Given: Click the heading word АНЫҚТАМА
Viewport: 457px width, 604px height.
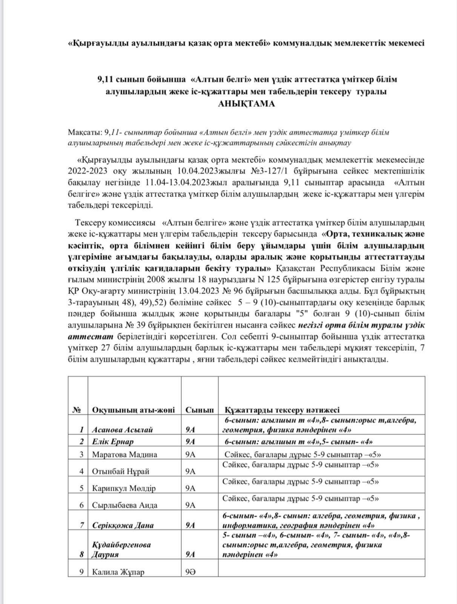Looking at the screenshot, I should [x=246, y=104].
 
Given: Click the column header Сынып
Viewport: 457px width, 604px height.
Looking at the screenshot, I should [x=199, y=410].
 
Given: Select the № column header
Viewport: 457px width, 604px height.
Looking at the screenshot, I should [x=77, y=410].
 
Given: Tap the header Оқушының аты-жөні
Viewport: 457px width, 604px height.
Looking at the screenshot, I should [x=133, y=410].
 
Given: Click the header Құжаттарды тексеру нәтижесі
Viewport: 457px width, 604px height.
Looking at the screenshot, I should [x=282, y=410].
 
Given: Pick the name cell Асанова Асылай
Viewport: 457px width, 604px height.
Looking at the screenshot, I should [x=122, y=430].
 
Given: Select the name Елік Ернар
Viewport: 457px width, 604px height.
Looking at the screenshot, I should [x=113, y=442].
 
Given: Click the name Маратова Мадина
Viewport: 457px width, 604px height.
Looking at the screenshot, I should [x=124, y=455].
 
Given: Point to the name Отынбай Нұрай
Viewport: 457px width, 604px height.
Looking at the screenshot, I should [x=121, y=471].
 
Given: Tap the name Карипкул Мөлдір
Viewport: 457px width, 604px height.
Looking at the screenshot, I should [x=124, y=488].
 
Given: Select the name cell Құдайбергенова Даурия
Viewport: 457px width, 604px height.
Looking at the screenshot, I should [x=121, y=550].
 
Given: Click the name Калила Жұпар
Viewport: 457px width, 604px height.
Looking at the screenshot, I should [x=118, y=572].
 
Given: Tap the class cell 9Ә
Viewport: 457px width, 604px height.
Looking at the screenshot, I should [x=190, y=572].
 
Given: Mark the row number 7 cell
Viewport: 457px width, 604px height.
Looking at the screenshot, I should [x=81, y=525].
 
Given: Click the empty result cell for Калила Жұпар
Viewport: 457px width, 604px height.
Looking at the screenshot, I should [x=321, y=568].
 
